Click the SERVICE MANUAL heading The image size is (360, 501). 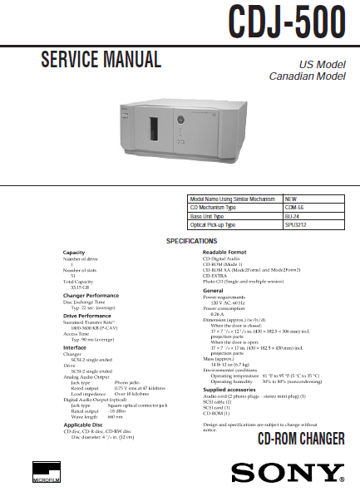click(101, 60)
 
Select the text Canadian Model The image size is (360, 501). click(307, 76)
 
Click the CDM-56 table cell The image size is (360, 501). click(295, 208)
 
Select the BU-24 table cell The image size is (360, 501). click(293, 216)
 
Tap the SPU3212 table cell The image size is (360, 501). click(297, 224)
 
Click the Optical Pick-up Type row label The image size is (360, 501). click(219, 224)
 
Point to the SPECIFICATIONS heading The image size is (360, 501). click(192, 241)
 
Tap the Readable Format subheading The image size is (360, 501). click(226, 251)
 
